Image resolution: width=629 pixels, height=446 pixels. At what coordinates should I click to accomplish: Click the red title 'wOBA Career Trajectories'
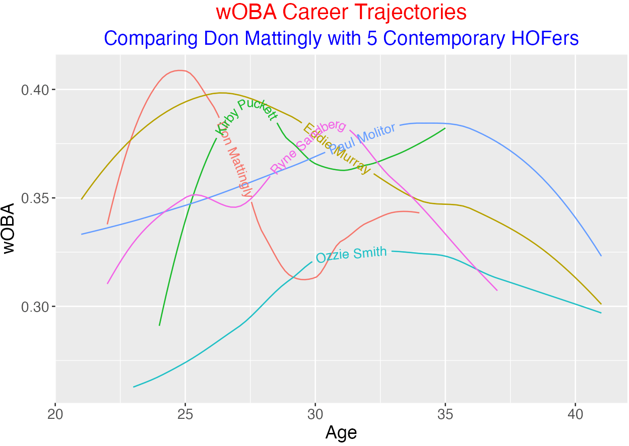click(x=341, y=13)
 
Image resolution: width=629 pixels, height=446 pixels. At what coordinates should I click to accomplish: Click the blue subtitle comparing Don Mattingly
click(x=341, y=38)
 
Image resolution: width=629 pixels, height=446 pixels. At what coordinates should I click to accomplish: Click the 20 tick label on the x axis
click(x=55, y=413)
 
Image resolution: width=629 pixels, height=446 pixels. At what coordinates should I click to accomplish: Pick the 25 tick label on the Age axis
click(x=185, y=413)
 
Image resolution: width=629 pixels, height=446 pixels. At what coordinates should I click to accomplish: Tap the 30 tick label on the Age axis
click(x=315, y=413)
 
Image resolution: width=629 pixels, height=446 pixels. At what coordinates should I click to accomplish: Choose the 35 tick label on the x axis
click(x=445, y=413)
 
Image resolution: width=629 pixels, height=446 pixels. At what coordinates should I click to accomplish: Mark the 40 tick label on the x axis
click(x=575, y=413)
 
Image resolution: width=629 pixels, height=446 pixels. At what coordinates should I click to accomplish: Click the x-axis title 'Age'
click(x=341, y=433)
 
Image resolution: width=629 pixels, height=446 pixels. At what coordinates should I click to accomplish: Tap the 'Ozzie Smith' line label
click(x=351, y=254)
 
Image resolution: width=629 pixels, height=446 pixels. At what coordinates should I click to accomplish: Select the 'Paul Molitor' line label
click(x=362, y=139)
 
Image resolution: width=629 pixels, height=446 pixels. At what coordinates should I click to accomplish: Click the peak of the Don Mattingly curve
click(x=180, y=70)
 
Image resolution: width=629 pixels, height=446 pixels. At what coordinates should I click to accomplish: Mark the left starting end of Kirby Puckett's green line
click(x=159, y=325)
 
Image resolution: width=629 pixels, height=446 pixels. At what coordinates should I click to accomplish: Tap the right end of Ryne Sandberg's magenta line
click(x=497, y=290)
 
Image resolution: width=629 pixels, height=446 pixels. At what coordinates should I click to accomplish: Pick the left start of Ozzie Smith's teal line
click(x=134, y=387)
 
